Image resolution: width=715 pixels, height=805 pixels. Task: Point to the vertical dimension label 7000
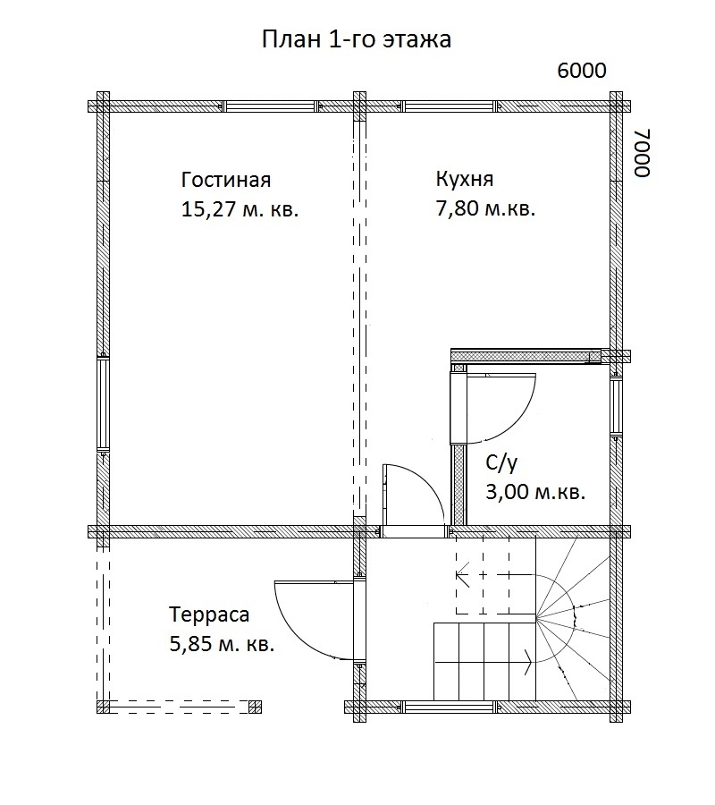tap(642, 152)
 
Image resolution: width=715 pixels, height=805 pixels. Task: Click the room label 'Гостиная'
tap(225, 179)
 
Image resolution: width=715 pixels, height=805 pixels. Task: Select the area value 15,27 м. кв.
tap(239, 210)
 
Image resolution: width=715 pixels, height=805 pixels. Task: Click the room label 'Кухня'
tap(464, 178)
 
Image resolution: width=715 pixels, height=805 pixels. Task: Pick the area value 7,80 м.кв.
tap(485, 210)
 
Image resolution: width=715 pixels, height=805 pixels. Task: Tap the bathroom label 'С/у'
tap(501, 462)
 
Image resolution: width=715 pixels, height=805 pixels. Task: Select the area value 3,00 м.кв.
tap(534, 493)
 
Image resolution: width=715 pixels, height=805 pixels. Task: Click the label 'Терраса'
tap(209, 614)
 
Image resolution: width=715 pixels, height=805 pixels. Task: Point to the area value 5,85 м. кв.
tap(222, 644)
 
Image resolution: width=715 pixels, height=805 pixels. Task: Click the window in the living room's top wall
tap(270, 106)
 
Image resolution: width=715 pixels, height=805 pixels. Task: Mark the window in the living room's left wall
tap(104, 405)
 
